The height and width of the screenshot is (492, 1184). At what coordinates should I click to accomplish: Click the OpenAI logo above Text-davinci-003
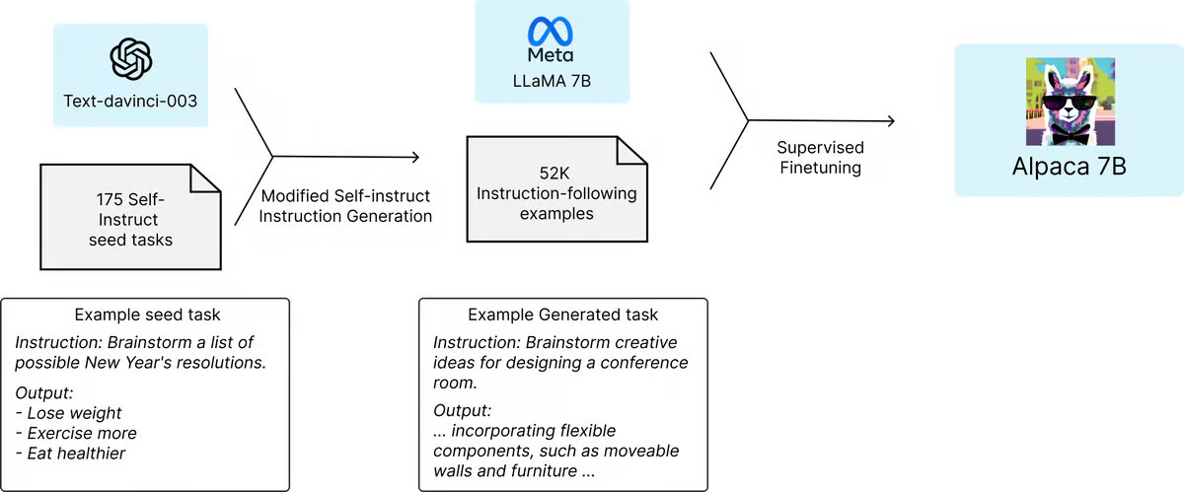(130, 58)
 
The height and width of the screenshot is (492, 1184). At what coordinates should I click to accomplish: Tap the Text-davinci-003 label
(130, 101)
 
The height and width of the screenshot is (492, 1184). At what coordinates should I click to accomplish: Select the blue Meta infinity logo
(551, 32)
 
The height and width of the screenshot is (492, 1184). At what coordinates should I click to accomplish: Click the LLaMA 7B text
(552, 81)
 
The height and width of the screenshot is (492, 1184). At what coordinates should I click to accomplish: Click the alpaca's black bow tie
(1069, 136)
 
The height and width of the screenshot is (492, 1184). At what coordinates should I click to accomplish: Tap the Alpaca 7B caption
(1070, 167)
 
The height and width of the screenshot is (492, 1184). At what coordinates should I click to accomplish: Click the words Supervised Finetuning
(820, 158)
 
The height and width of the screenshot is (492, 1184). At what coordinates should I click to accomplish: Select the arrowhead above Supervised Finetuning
(891, 121)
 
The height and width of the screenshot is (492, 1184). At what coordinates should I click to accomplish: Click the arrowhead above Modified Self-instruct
(415, 157)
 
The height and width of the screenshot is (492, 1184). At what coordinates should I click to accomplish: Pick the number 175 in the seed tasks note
(110, 199)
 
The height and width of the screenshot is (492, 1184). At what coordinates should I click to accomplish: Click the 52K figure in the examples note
(555, 173)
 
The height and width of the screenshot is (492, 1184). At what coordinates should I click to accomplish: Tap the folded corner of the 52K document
(631, 151)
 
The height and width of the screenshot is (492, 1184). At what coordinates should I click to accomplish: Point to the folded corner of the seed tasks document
(205, 178)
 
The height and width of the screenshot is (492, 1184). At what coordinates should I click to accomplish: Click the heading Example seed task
(147, 315)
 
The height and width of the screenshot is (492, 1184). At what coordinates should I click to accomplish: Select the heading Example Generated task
(563, 315)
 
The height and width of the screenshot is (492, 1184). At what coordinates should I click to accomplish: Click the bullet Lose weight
(69, 413)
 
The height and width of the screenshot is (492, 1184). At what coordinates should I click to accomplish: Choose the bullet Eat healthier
(71, 453)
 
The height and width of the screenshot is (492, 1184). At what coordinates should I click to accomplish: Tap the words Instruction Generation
(345, 216)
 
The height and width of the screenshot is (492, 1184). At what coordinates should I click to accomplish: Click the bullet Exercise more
(76, 433)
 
